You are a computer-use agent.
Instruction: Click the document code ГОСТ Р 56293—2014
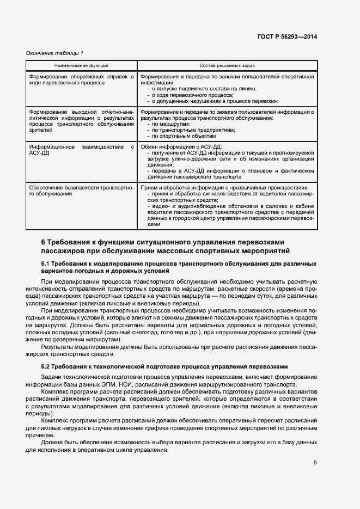[288, 36]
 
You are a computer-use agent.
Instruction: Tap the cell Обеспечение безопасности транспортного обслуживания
[81, 190]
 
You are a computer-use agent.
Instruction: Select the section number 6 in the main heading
[43, 241]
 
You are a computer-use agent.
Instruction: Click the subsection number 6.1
[46, 263]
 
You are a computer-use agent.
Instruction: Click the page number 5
[315, 463]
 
